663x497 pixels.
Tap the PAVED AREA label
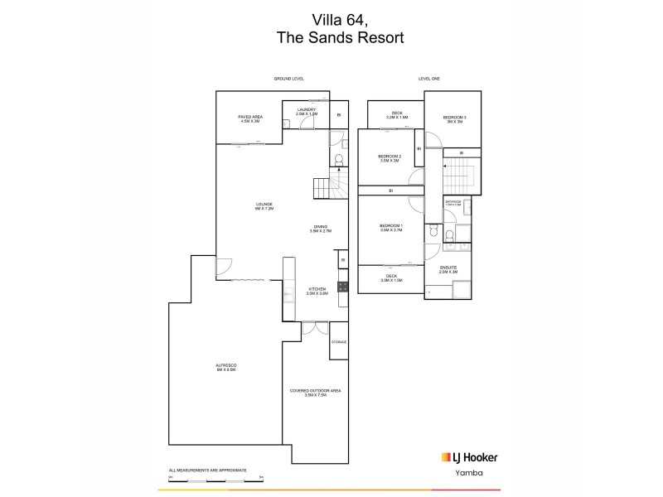250,118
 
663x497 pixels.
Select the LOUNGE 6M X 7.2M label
264,206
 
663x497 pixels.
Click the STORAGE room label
339,342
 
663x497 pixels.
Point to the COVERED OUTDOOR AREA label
307,393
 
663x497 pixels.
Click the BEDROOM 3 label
454,119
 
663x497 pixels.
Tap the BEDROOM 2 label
390,158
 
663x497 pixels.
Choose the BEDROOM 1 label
390,228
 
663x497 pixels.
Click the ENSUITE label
448,269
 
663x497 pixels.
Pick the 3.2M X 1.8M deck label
397,115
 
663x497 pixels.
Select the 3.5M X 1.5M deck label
390,277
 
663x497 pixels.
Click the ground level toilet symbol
336,161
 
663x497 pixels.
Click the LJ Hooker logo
467,457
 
